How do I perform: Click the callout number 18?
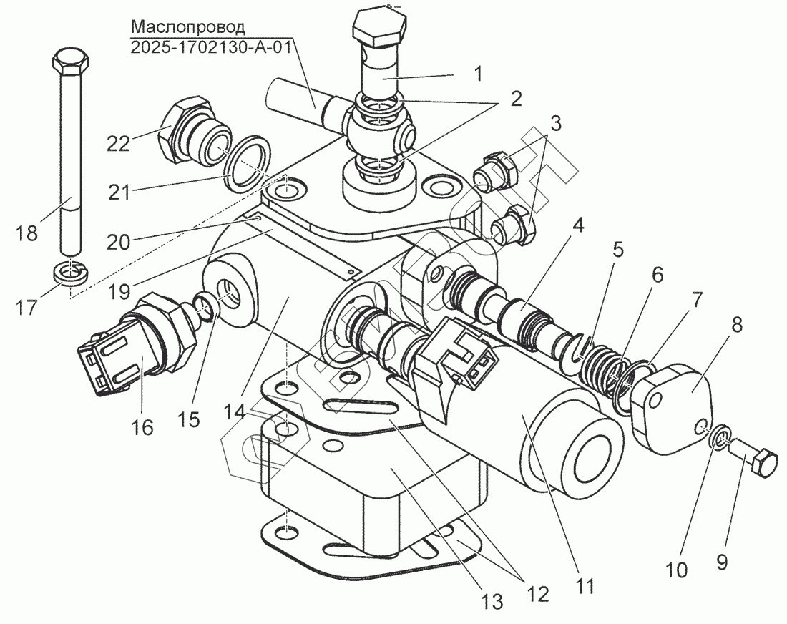coord(28,234)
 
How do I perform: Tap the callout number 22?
coord(119,143)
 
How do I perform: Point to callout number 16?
coord(142,427)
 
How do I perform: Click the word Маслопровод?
coord(188,28)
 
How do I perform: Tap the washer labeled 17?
coord(69,273)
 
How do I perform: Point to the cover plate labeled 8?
coord(675,406)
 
